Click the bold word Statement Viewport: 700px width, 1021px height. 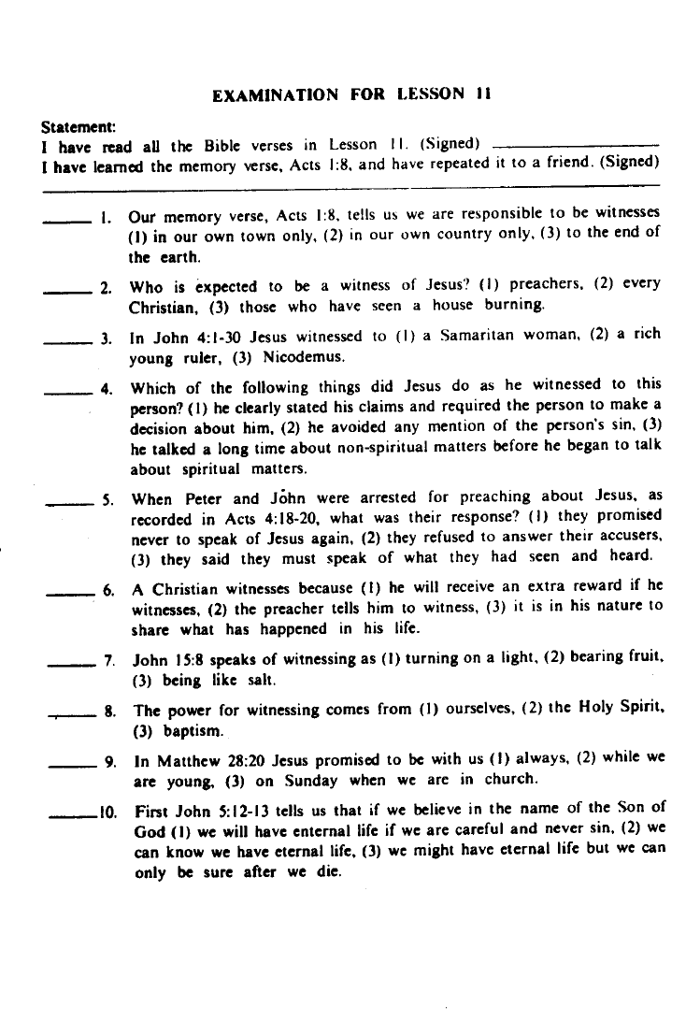click(79, 126)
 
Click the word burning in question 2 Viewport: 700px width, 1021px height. click(514, 305)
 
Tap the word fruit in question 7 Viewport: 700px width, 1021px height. click(641, 660)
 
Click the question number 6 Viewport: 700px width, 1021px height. click(109, 591)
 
